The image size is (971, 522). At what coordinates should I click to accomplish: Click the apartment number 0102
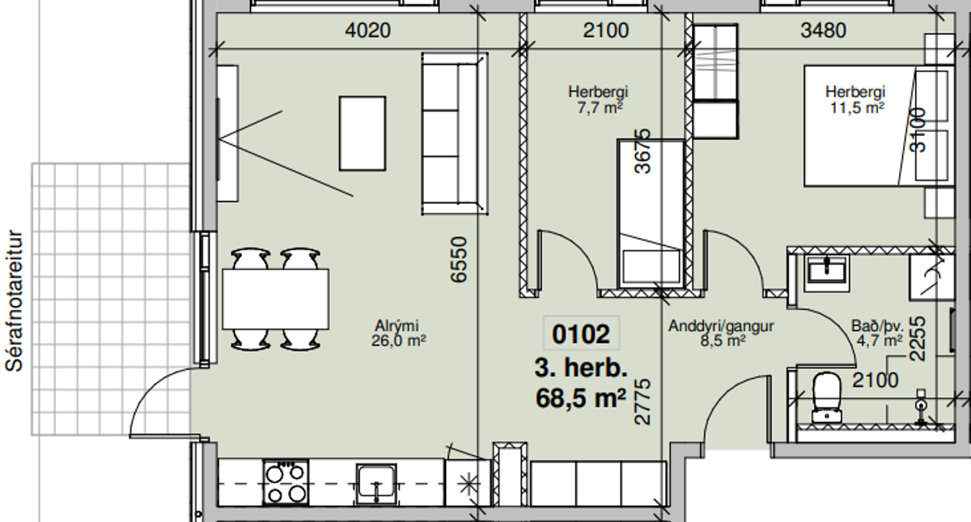[581, 333]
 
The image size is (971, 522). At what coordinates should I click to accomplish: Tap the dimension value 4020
[367, 31]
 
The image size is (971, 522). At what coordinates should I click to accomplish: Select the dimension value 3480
[823, 31]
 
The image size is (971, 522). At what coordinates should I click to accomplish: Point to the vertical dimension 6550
[459, 259]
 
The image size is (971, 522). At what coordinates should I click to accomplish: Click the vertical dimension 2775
[642, 401]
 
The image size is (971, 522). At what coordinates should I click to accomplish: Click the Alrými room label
[396, 325]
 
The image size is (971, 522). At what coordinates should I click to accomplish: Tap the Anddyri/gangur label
[721, 325]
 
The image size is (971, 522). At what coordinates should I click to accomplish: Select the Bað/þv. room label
[877, 325]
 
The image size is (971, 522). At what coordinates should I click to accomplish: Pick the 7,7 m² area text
[600, 107]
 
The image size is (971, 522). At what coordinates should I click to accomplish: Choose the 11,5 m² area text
[857, 107]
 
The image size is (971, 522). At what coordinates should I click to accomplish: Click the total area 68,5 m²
[581, 398]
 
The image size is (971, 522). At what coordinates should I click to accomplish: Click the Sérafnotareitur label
[14, 301]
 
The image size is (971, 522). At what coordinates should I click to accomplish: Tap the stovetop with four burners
[286, 482]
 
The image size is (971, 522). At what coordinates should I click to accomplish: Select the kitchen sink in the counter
[376, 484]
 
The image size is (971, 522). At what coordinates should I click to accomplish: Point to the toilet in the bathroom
[827, 397]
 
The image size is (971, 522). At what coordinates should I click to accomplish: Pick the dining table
[276, 299]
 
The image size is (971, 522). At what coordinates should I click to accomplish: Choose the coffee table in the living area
[363, 134]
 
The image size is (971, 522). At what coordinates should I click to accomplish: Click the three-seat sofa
[455, 134]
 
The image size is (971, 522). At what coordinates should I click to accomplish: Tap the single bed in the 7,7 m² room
[651, 214]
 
